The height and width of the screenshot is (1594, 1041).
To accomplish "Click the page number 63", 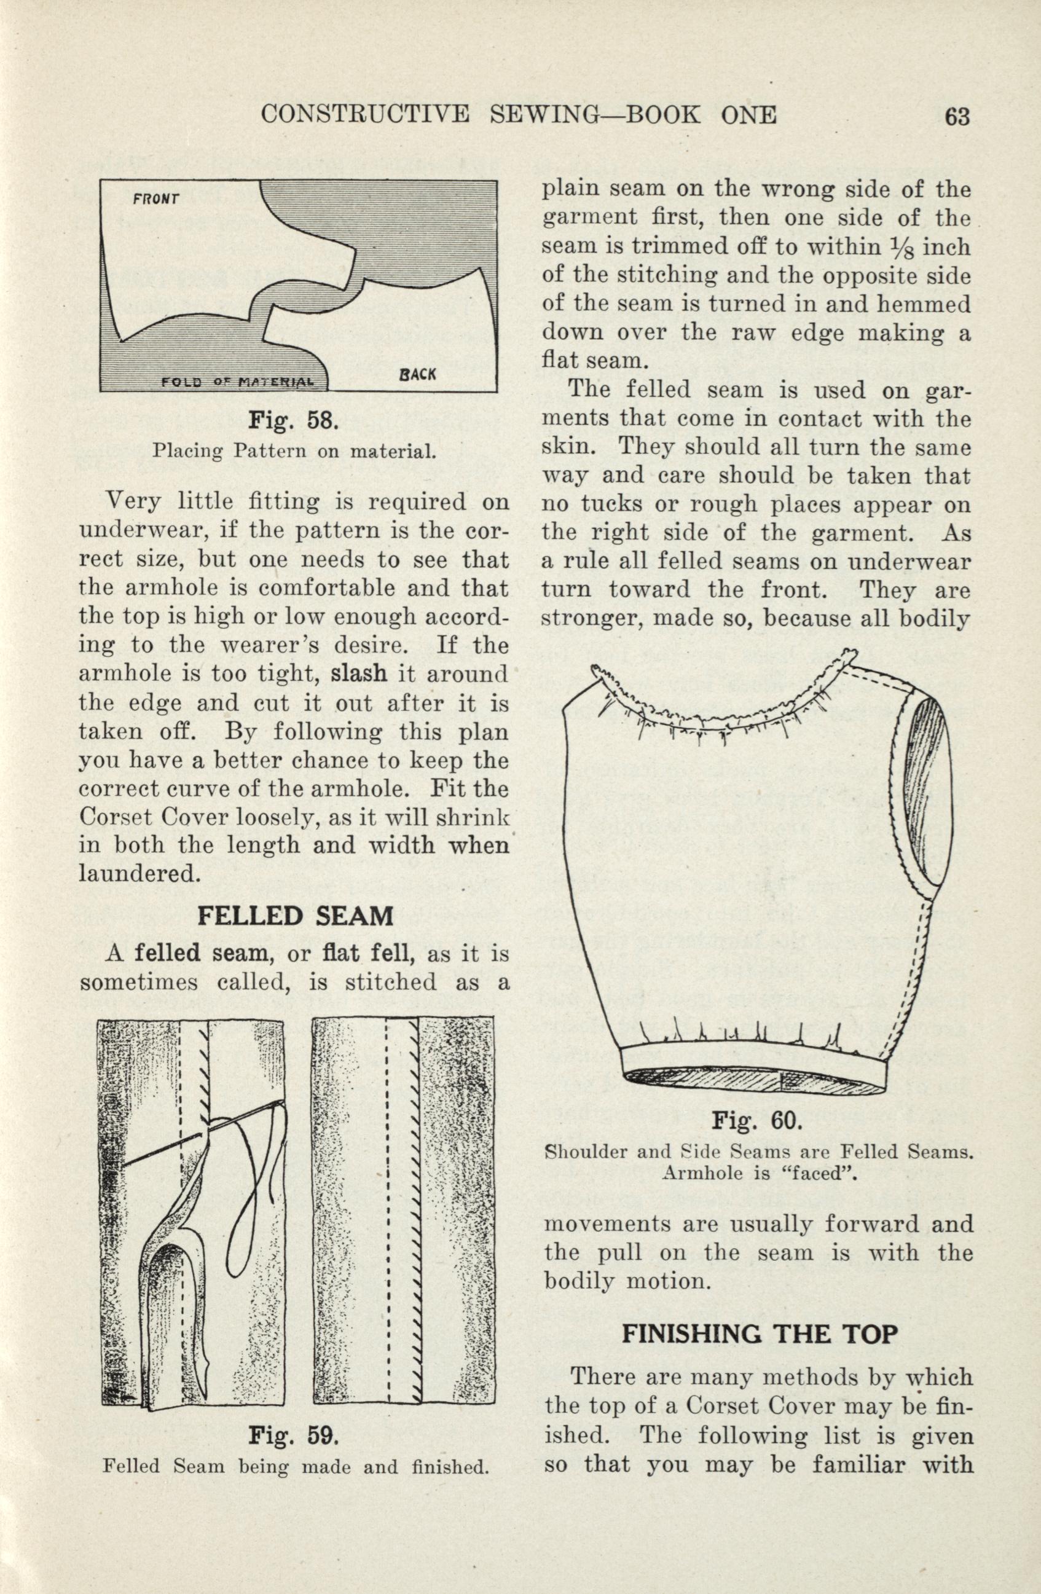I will tap(957, 117).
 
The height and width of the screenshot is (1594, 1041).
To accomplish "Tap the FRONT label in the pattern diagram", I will tap(155, 199).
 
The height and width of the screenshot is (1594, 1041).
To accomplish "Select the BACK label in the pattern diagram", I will tap(417, 374).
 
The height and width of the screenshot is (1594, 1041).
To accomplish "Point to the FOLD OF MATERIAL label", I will tap(237, 382).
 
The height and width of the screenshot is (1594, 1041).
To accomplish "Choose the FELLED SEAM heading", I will tap(296, 916).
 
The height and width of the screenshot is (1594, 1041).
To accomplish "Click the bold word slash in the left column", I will tap(359, 672).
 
